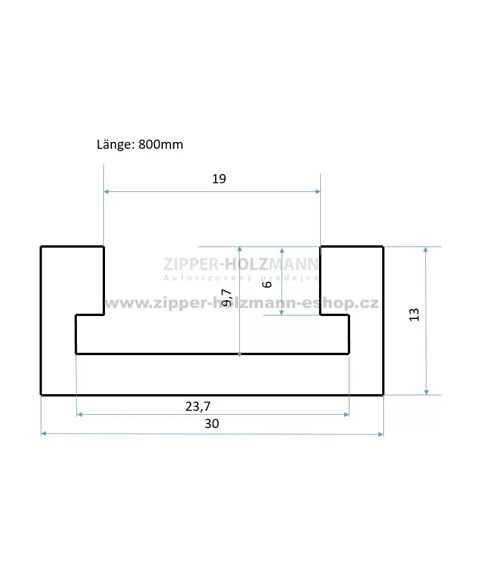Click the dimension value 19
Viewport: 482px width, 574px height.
(x=219, y=179)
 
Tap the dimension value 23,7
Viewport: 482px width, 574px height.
(x=198, y=406)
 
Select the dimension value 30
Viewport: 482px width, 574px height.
(x=212, y=423)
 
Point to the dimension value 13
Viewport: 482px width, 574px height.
(x=414, y=315)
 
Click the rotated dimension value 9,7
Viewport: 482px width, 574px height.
(x=227, y=298)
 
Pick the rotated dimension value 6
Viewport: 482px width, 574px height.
(x=267, y=284)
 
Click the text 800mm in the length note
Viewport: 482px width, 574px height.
(x=161, y=144)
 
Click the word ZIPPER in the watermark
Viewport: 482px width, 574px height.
(x=191, y=264)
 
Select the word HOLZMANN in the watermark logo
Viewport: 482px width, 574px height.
(x=271, y=264)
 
